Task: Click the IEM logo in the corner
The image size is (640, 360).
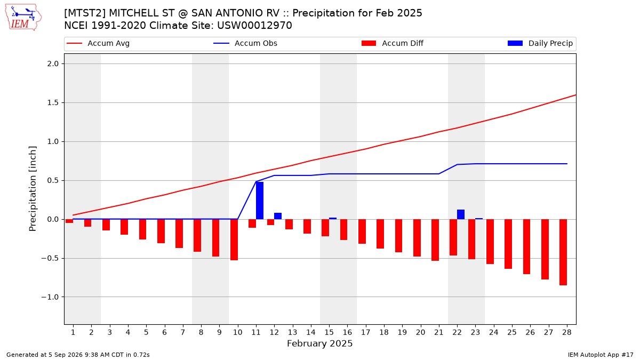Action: [23, 18]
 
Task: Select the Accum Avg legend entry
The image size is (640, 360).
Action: [98, 43]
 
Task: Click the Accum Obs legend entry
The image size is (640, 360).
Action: [245, 43]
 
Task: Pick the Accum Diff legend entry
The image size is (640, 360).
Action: [393, 43]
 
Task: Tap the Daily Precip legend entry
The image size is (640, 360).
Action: [540, 43]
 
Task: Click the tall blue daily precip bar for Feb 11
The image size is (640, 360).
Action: [259, 201]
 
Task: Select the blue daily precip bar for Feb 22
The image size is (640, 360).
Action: [461, 214]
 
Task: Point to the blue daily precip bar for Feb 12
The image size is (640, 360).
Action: [278, 216]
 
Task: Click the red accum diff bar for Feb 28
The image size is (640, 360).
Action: [563, 252]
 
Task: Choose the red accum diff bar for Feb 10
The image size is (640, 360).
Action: [234, 239]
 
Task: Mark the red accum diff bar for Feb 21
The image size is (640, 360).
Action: [435, 240]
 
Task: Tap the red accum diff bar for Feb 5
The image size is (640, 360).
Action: [142, 229]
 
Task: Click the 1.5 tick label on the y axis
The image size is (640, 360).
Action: [53, 102]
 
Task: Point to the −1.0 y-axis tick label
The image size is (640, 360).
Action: [50, 297]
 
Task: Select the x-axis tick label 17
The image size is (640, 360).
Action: [365, 332]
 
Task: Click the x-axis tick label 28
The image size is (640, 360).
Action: [566, 332]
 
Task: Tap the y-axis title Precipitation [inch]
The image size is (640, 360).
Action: [33, 189]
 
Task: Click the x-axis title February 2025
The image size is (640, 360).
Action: [319, 343]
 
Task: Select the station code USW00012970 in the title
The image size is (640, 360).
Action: [254, 26]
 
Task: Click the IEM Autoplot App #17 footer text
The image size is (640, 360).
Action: [601, 355]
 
